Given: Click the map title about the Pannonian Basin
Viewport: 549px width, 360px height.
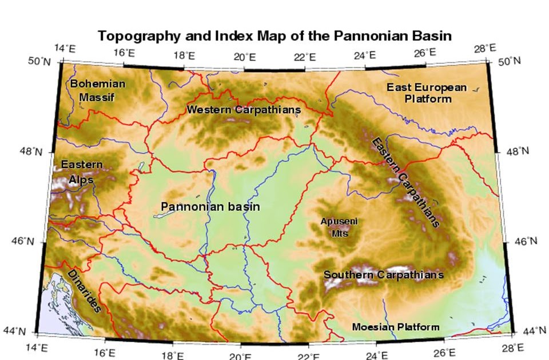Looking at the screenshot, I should pyautogui.click(x=275, y=35).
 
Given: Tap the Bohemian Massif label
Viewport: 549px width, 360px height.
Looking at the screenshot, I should pyautogui.click(x=97, y=90).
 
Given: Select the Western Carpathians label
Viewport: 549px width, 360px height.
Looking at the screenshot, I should pyautogui.click(x=244, y=109).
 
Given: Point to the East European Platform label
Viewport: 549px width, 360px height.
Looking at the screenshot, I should pyautogui.click(x=427, y=93).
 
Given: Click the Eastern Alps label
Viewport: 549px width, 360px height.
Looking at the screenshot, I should pyautogui.click(x=82, y=172).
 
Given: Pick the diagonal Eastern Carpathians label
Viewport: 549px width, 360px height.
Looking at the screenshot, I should pyautogui.click(x=405, y=182).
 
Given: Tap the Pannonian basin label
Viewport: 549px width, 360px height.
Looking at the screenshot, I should pyautogui.click(x=210, y=206).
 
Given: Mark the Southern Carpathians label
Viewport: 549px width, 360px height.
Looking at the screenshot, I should pyautogui.click(x=383, y=275).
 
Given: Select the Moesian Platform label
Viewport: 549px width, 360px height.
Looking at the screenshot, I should pyautogui.click(x=396, y=327).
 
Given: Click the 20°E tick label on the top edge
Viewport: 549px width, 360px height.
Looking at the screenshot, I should pyautogui.click(x=244, y=57).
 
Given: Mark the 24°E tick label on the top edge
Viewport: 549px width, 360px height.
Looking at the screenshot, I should pyautogui.click(x=365, y=55).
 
